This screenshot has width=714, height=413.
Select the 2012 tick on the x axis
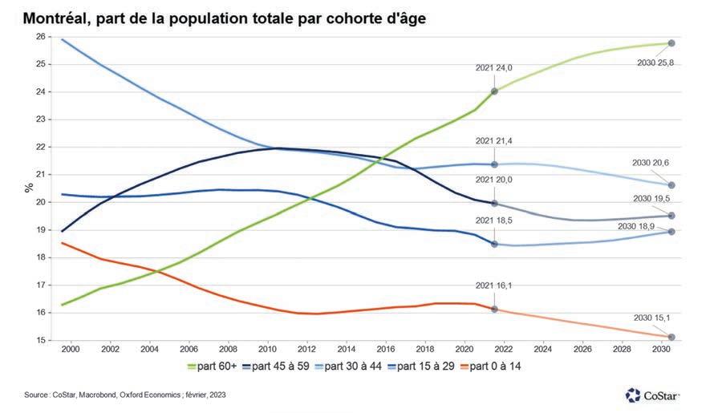tap(306, 350)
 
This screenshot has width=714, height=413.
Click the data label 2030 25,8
tap(654, 63)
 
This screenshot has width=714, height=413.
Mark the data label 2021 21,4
tap(493, 141)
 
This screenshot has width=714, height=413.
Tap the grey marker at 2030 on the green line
tap(671, 43)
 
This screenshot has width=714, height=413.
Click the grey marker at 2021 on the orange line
tap(494, 309)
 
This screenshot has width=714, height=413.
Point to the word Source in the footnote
tap(36, 395)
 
